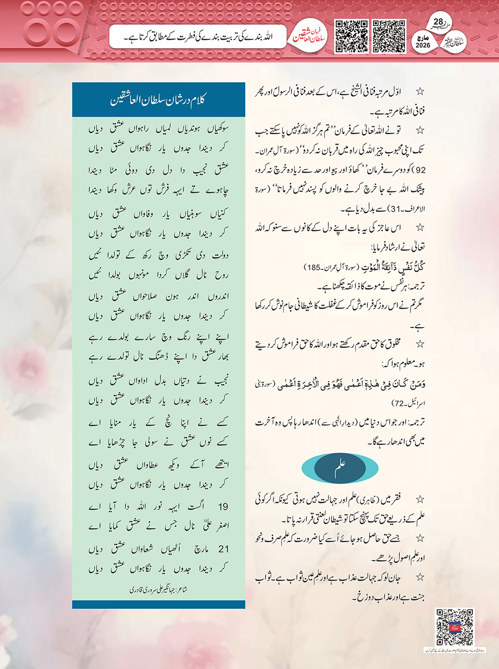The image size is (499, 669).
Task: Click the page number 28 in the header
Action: (438, 22)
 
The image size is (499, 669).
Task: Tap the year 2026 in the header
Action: (423, 45)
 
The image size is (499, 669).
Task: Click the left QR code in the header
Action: (351, 36)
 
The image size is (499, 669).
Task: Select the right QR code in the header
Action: (389, 36)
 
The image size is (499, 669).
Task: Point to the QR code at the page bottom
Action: (454, 627)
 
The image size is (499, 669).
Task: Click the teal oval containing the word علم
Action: (340, 468)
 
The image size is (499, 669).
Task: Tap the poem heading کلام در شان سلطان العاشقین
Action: (159, 100)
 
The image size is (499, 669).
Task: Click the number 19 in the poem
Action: (223, 507)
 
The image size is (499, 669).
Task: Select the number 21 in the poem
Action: (223, 549)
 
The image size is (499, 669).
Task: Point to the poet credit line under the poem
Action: (159, 590)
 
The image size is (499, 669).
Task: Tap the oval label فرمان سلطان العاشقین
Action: (310, 37)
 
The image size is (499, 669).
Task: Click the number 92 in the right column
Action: (420, 170)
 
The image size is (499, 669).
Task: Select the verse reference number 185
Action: (312, 267)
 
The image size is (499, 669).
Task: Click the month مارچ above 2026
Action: (423, 37)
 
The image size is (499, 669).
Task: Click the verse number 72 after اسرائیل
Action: (398, 404)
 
